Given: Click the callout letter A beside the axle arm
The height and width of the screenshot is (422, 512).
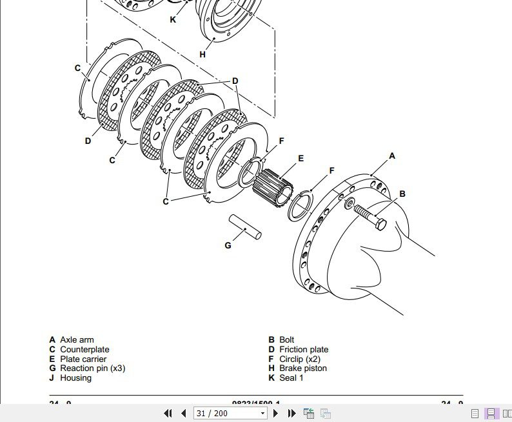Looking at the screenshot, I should pyautogui.click(x=391, y=156).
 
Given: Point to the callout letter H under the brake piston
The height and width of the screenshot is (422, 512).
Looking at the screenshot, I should pyautogui.click(x=202, y=55).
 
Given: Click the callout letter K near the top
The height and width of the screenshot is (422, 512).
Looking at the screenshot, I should pyautogui.click(x=173, y=19).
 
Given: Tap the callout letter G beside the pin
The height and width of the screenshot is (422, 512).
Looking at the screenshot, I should pyautogui.click(x=228, y=245).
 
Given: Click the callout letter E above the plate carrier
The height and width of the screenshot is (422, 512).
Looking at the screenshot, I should pyautogui.click(x=300, y=159).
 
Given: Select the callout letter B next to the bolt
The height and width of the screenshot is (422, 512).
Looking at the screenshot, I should pyautogui.click(x=402, y=194).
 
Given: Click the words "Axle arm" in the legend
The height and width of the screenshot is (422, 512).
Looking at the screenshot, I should pyautogui.click(x=77, y=340).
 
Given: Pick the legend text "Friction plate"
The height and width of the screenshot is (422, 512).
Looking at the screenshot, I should pyautogui.click(x=304, y=350).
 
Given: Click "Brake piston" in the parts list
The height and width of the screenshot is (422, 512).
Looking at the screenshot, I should pyautogui.click(x=303, y=368).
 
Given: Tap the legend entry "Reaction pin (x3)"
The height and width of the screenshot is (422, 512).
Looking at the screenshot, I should pyautogui.click(x=93, y=368).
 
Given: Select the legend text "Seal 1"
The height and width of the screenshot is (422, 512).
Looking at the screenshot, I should pyautogui.click(x=291, y=378).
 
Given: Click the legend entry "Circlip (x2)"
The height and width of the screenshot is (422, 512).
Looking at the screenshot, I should pyautogui.click(x=300, y=359).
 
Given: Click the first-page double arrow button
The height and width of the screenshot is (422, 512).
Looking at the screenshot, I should pyautogui.click(x=168, y=414).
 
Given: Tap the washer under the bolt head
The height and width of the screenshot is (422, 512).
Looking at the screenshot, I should pyautogui.click(x=349, y=205).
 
